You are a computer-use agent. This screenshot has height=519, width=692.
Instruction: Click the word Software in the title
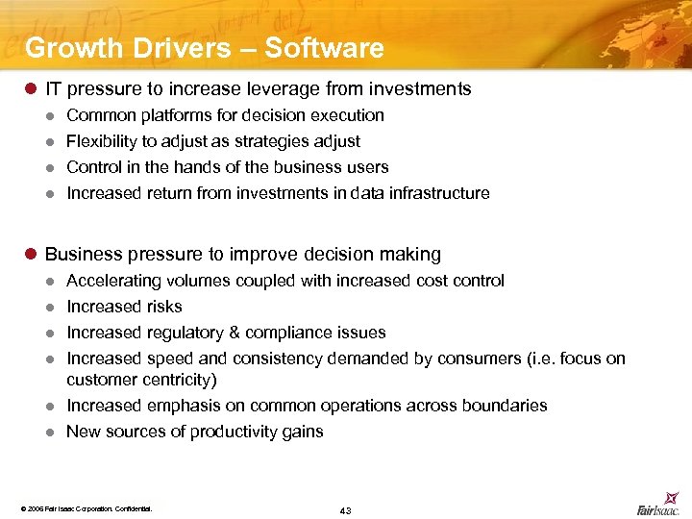[324, 47]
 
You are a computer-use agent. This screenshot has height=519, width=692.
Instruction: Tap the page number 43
[345, 509]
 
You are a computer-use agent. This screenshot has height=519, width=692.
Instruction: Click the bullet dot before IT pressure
[30, 89]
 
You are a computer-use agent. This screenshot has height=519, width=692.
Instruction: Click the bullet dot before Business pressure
[30, 255]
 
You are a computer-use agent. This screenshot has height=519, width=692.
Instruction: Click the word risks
[164, 307]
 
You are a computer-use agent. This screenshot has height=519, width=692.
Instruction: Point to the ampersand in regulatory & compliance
[234, 333]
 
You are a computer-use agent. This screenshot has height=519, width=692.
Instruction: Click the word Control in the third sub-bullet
[91, 167]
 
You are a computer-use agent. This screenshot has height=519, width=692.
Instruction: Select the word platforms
[165, 115]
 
